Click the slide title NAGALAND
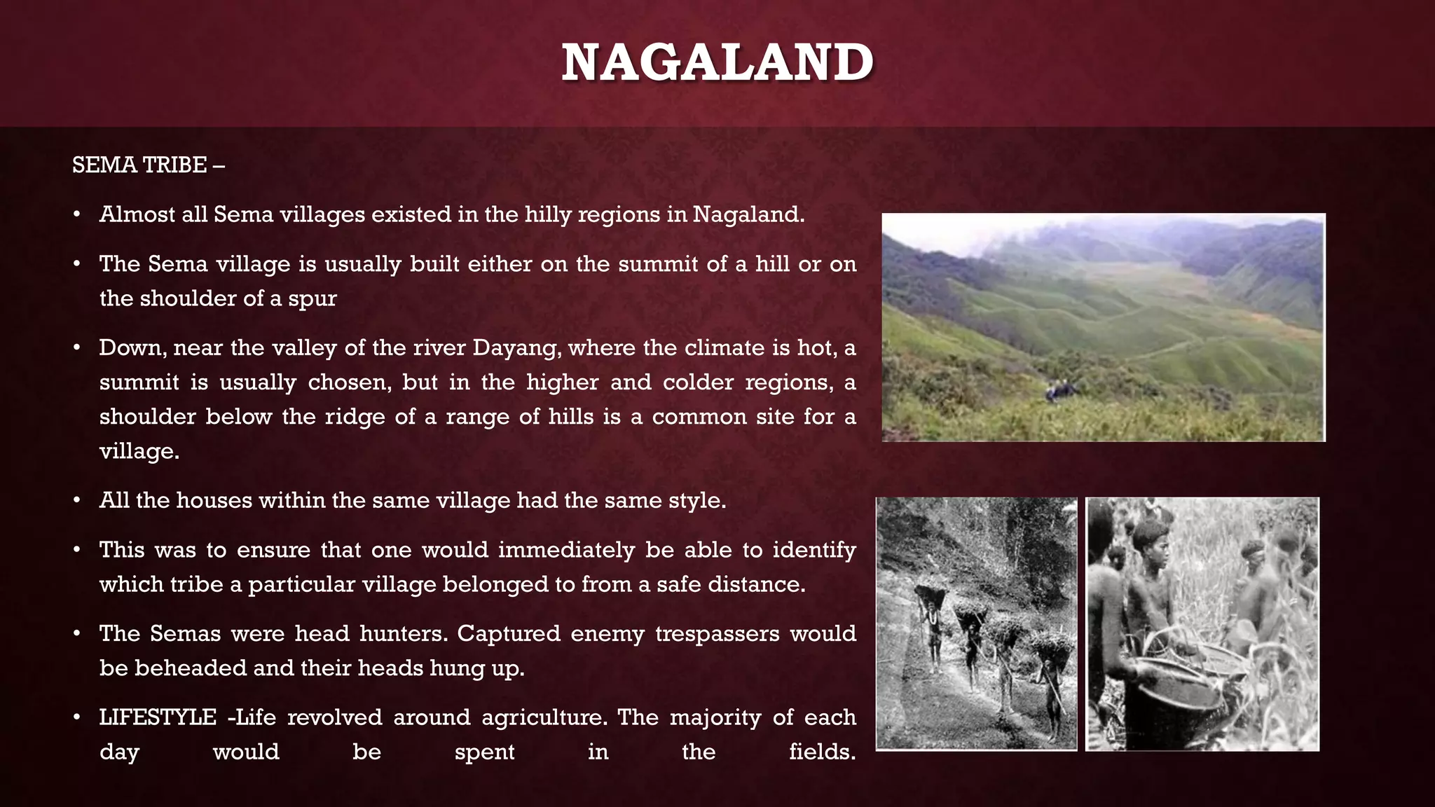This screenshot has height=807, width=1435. tap(717, 63)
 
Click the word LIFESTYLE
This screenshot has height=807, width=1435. tap(158, 717)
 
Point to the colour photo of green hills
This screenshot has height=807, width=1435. tap(1103, 327)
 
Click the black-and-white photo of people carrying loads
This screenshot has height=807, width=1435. tap(976, 623)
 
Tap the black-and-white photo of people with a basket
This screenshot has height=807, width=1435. tap(1202, 623)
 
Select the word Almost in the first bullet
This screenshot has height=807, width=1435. tap(137, 214)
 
